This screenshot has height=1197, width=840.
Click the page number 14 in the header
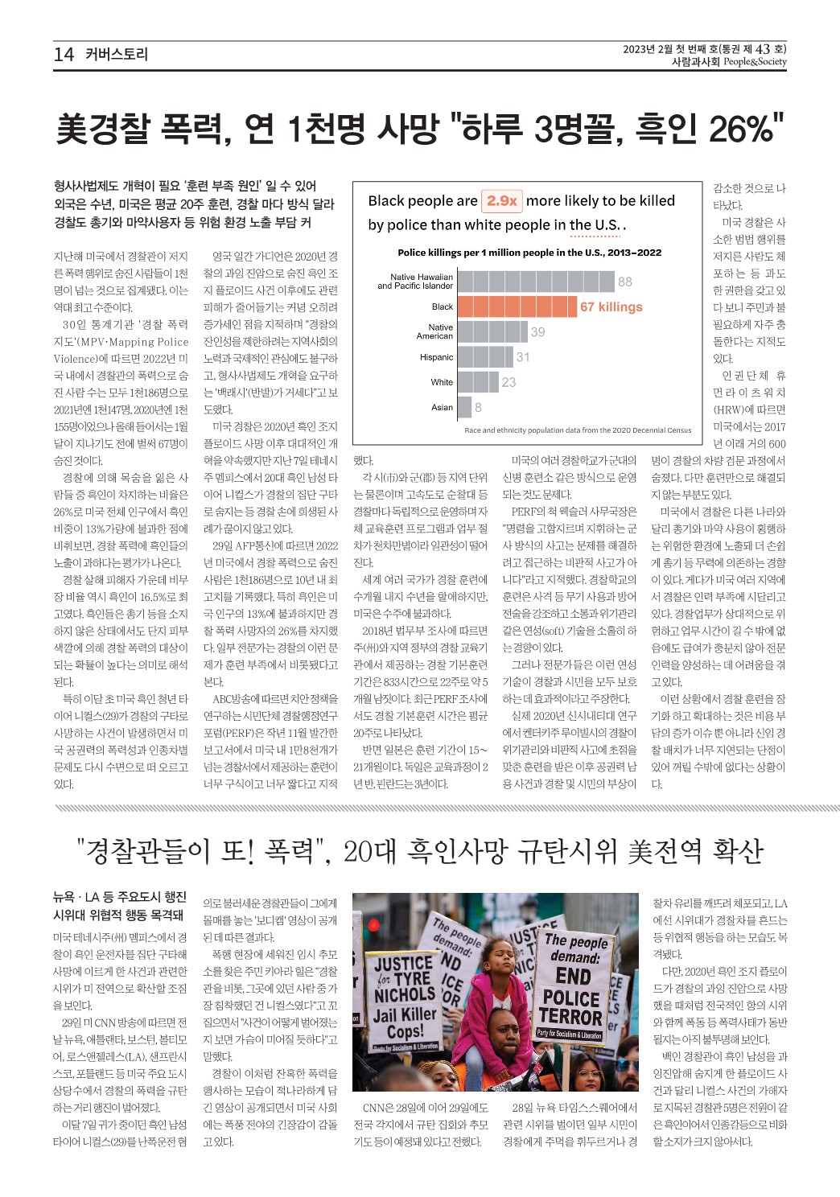pyautogui.click(x=64, y=55)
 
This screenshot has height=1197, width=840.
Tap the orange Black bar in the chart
pyautogui.click(x=517, y=306)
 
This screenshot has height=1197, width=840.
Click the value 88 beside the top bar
pyautogui.click(x=625, y=282)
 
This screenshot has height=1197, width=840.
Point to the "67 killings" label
pyautogui.click(x=611, y=306)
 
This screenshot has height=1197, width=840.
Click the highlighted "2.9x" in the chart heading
pyautogui.click(x=501, y=200)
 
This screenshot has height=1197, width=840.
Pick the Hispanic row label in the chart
pyautogui.click(x=436, y=357)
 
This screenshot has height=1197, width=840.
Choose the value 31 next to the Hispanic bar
pyautogui.click(x=523, y=357)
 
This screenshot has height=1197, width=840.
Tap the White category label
pyautogui.click(x=442, y=382)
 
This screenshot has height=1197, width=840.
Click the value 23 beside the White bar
pyautogui.click(x=509, y=382)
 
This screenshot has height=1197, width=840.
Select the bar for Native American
pyautogui.click(x=492, y=331)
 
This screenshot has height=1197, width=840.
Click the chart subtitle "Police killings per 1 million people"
pyautogui.click(x=529, y=253)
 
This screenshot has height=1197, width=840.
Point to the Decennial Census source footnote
pyautogui.click(x=578, y=430)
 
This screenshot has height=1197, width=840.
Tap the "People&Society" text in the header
pyautogui.click(x=755, y=62)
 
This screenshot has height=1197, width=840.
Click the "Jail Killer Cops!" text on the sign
pyautogui.click(x=406, y=1022)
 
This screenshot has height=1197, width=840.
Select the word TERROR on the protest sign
pyautogui.click(x=570, y=1016)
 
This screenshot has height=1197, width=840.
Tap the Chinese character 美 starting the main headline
pyautogui.click(x=76, y=129)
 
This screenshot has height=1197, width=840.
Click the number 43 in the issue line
pyautogui.click(x=763, y=49)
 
